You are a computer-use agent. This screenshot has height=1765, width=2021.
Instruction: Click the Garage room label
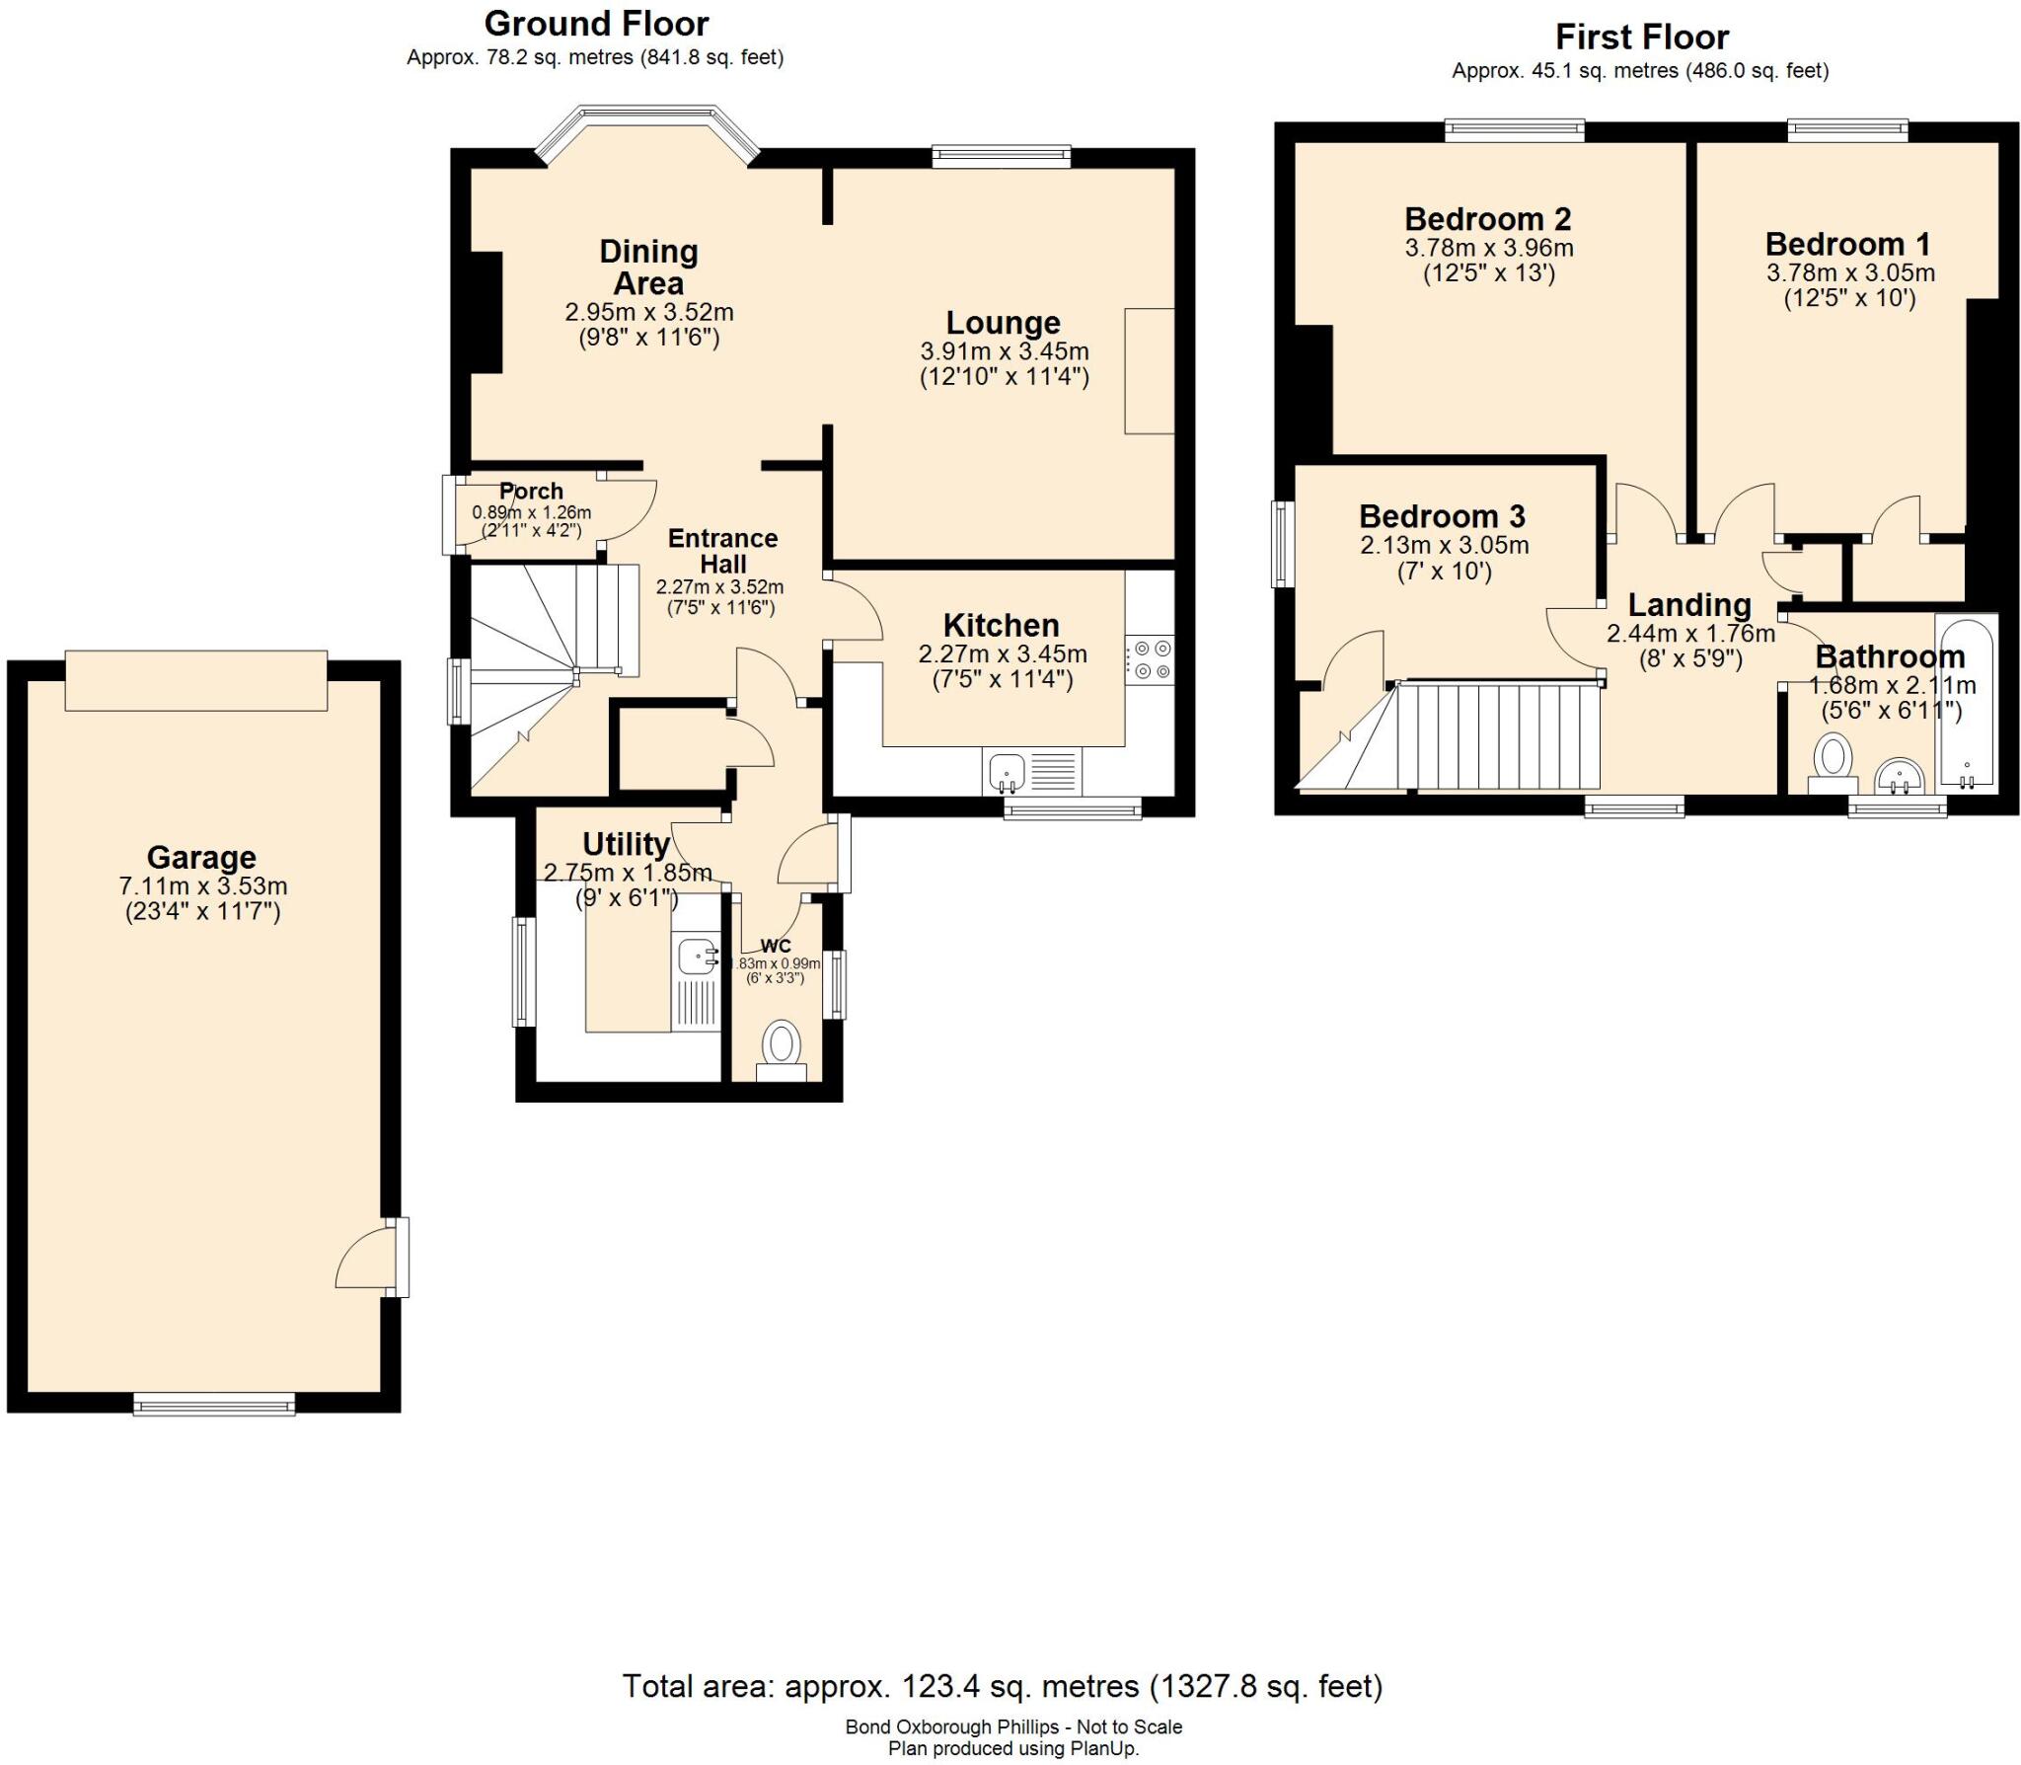(x=201, y=857)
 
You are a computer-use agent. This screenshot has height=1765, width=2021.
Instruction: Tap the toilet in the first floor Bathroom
(x=1833, y=762)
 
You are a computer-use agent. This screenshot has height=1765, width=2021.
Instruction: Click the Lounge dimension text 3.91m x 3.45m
(x=1005, y=351)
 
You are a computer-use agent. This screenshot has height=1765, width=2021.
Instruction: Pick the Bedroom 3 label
(x=1442, y=516)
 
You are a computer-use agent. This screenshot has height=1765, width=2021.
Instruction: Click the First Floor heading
(x=1642, y=38)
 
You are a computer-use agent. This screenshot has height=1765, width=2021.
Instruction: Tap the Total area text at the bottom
(x=1002, y=1686)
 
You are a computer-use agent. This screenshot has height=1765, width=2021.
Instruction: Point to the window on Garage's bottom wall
(x=214, y=1404)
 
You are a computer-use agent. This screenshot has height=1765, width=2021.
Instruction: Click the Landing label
(x=1689, y=604)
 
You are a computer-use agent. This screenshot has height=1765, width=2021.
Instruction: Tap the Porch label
(x=531, y=491)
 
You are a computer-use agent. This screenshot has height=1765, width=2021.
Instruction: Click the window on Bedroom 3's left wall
(x=1283, y=544)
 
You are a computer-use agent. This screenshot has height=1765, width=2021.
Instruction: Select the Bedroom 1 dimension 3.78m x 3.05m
(x=1850, y=272)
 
